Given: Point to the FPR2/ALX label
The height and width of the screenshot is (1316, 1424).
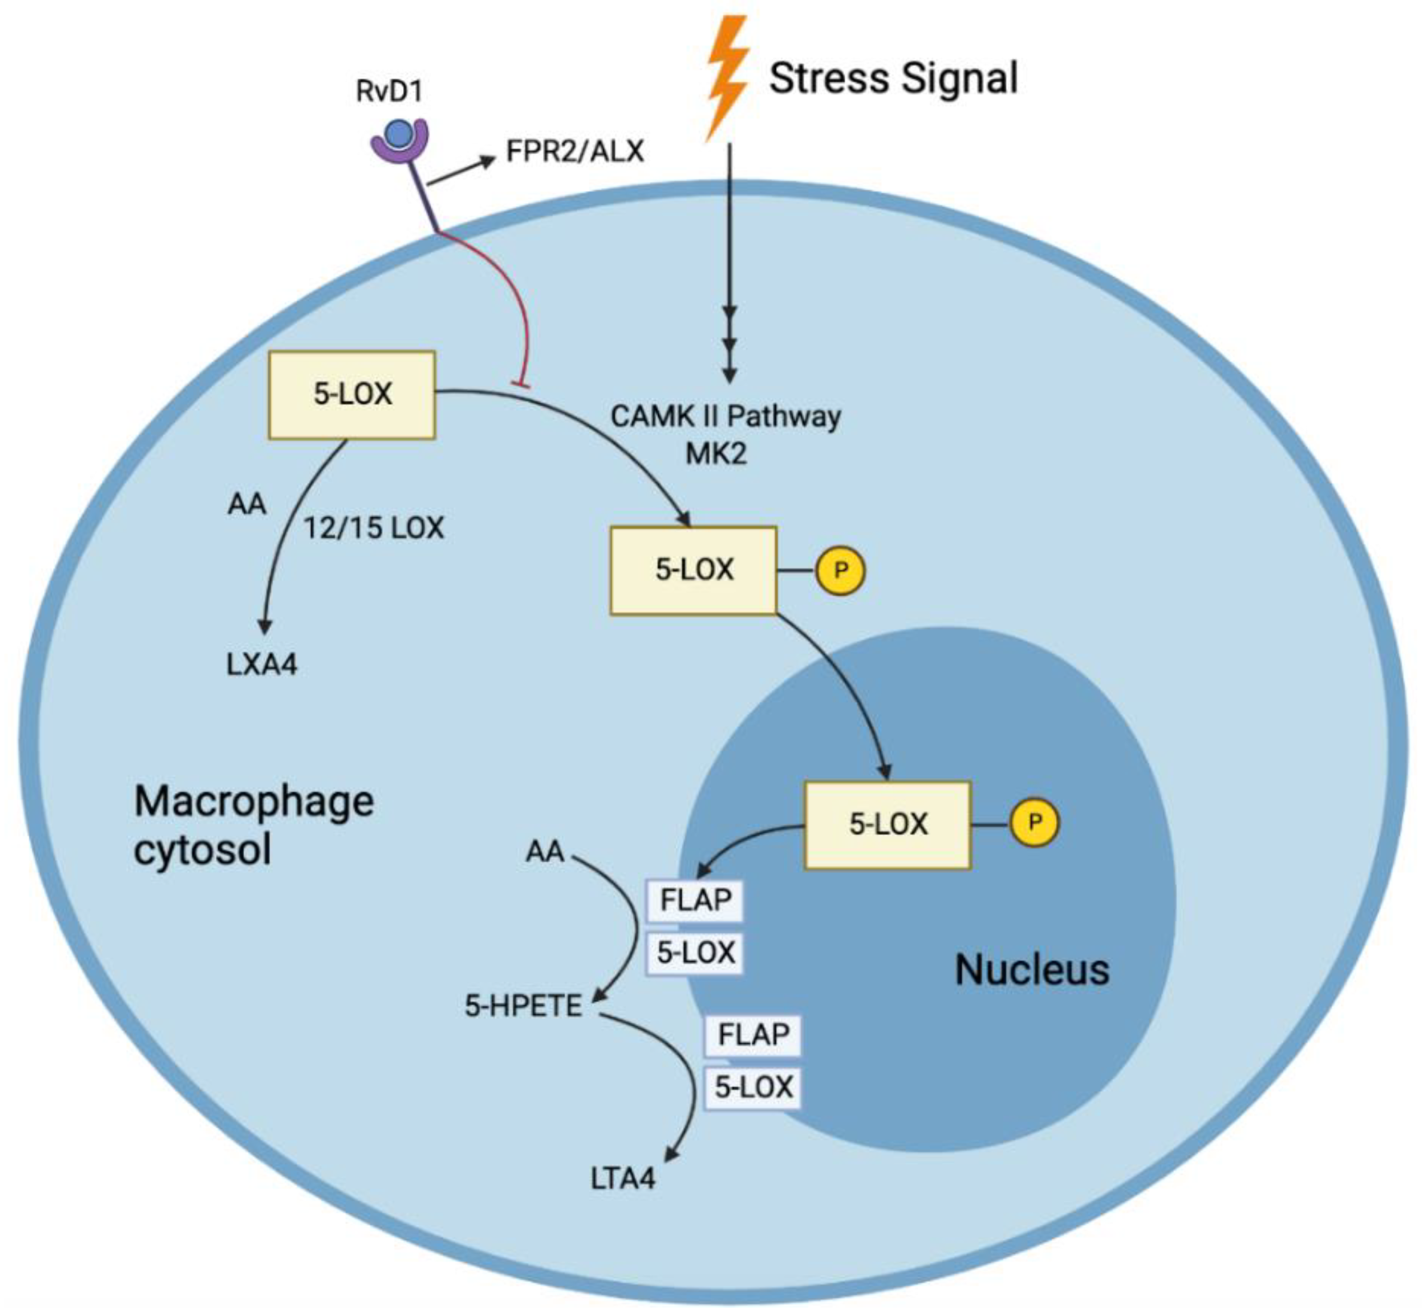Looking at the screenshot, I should point(574,151).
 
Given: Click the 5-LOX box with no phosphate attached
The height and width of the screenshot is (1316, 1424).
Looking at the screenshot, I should point(352,394).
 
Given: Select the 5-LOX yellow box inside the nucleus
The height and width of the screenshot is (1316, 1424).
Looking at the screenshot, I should point(887,825).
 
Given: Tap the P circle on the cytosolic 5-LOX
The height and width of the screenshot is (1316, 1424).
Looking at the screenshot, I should point(841,571).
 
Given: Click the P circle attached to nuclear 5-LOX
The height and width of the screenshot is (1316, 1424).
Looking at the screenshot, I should point(1034,823).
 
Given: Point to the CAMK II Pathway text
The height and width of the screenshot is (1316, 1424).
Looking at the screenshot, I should point(725,417).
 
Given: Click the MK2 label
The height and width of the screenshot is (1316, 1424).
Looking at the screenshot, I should point(716,454).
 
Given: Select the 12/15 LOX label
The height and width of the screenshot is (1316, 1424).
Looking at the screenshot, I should point(373,528).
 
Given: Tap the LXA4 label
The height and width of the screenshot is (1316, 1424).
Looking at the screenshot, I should point(262,664).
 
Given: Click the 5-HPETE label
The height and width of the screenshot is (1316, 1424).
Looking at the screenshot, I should point(524,1006).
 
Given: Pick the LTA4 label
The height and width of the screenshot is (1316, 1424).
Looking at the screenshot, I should point(622,1179).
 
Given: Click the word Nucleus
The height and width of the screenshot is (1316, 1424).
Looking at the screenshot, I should point(1031,970).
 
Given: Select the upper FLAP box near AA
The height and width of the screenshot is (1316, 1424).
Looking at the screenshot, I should point(695,901).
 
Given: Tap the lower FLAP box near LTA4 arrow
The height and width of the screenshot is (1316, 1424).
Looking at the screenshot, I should point(753,1035).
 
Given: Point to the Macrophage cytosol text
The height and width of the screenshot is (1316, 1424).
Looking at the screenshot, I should point(254,825).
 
